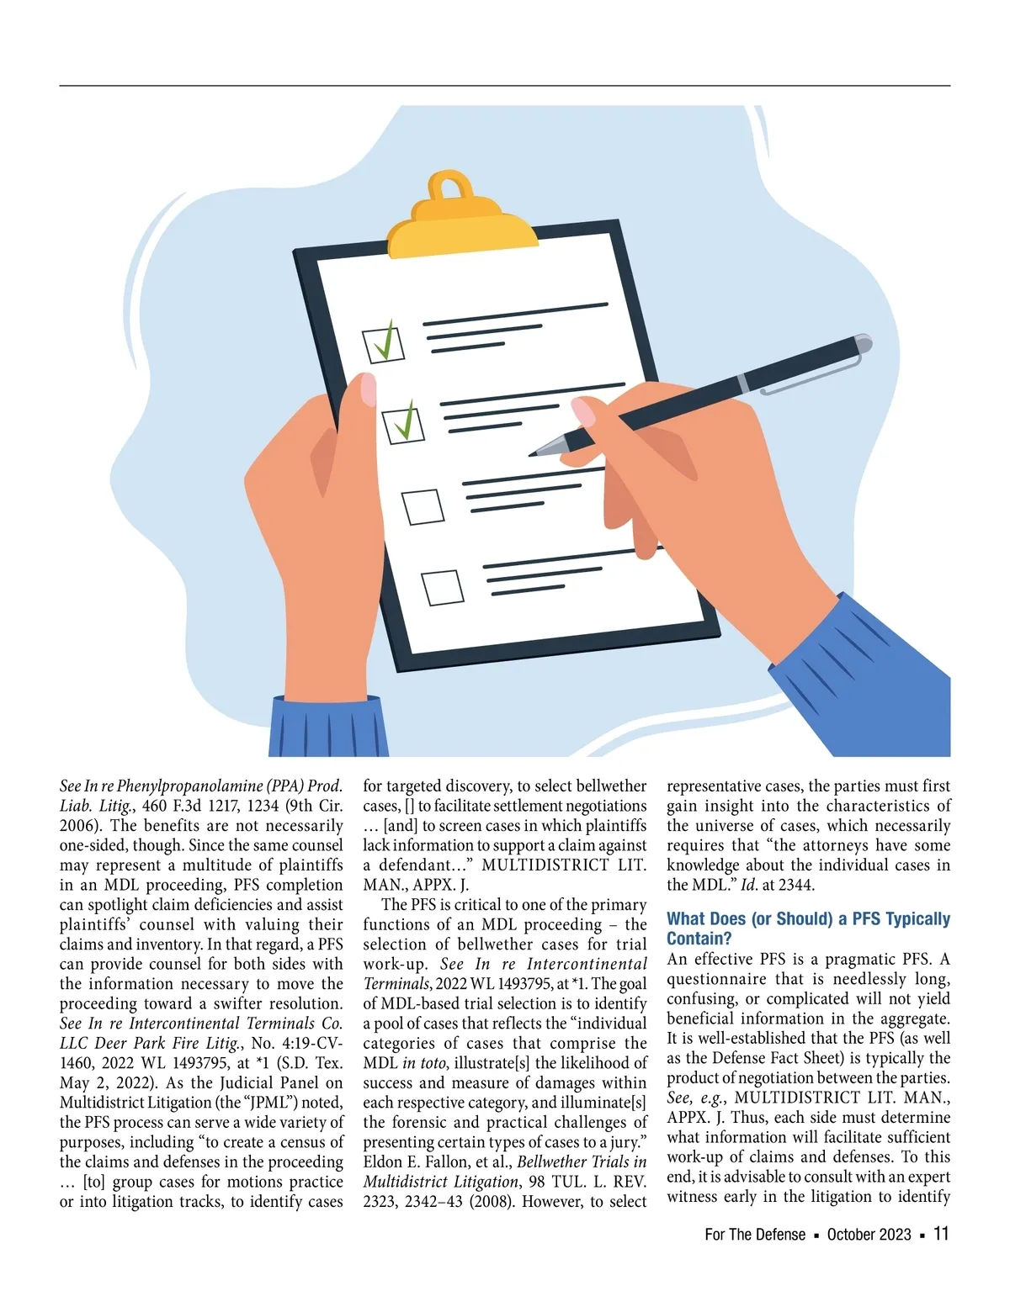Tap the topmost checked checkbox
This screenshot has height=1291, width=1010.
(x=384, y=343)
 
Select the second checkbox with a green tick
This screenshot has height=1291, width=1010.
(x=404, y=423)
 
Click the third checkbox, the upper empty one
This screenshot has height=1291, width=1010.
(x=423, y=507)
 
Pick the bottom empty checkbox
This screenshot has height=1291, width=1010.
(x=443, y=587)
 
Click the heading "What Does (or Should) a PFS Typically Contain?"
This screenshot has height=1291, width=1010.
(x=808, y=929)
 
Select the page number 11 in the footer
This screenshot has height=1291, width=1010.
(x=941, y=1234)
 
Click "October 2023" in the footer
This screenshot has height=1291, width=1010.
(x=869, y=1235)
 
